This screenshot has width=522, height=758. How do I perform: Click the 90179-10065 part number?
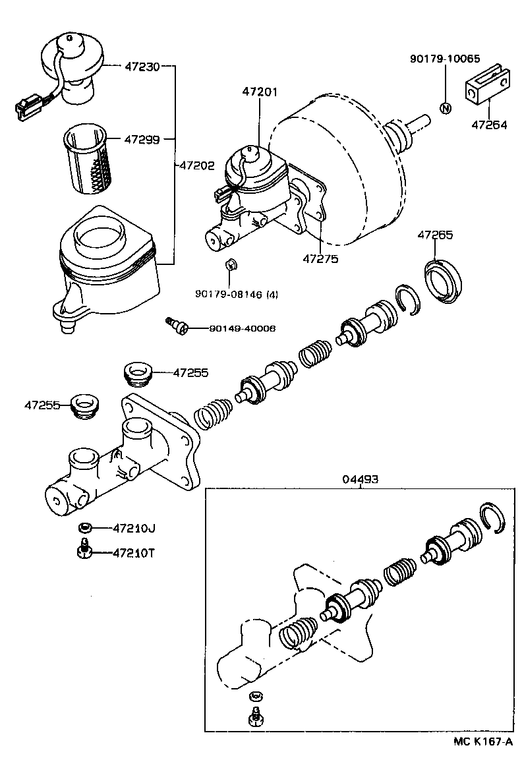click(x=445, y=59)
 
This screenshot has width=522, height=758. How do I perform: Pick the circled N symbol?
click(x=445, y=108)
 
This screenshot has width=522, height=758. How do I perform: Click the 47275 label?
click(x=320, y=259)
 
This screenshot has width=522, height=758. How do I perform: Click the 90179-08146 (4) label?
click(x=237, y=294)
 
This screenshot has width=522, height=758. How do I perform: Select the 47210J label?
click(x=134, y=527)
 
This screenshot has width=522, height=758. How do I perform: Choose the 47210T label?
click(x=134, y=552)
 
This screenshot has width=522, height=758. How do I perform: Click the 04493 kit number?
click(x=360, y=479)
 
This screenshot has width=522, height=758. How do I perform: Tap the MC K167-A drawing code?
click(x=482, y=742)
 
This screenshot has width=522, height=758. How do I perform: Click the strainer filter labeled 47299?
click(x=88, y=161)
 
